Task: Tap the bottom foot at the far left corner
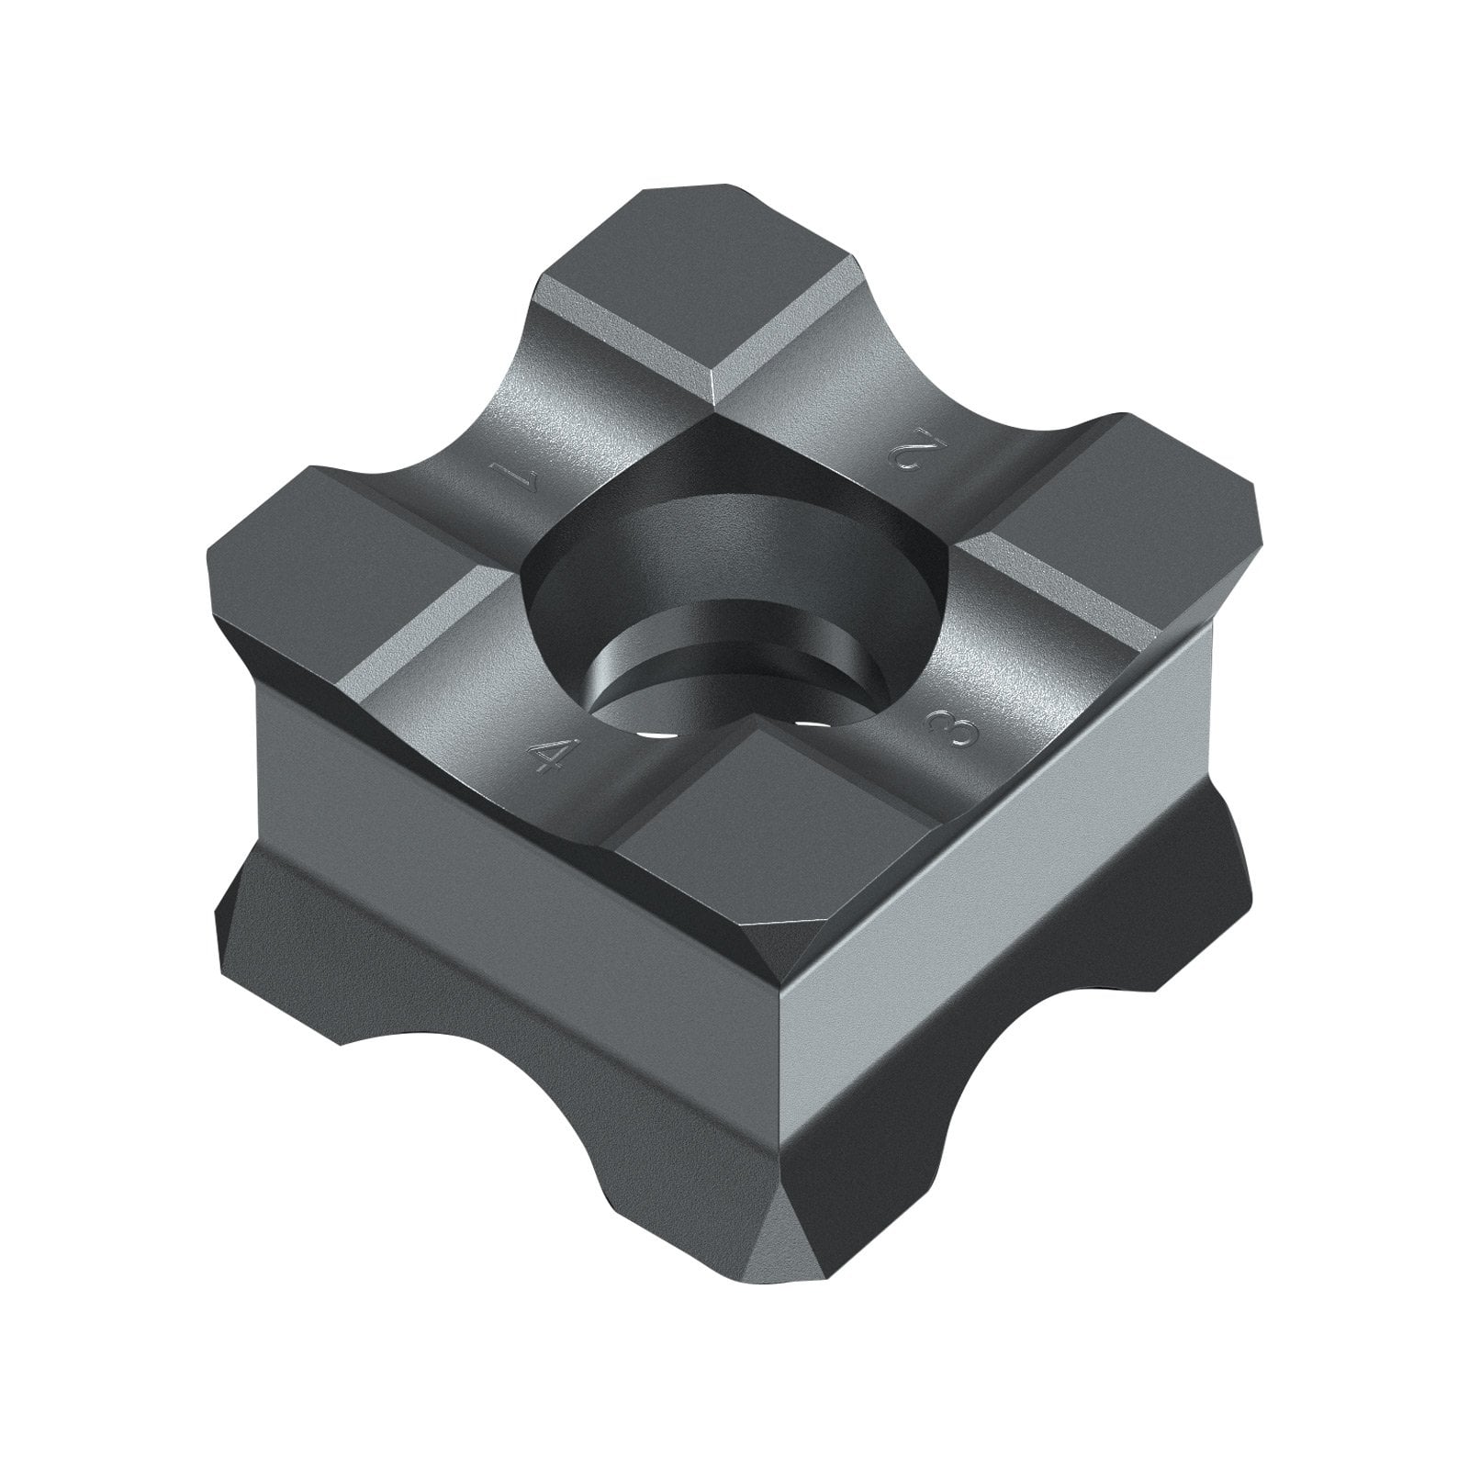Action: coord(275,927)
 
